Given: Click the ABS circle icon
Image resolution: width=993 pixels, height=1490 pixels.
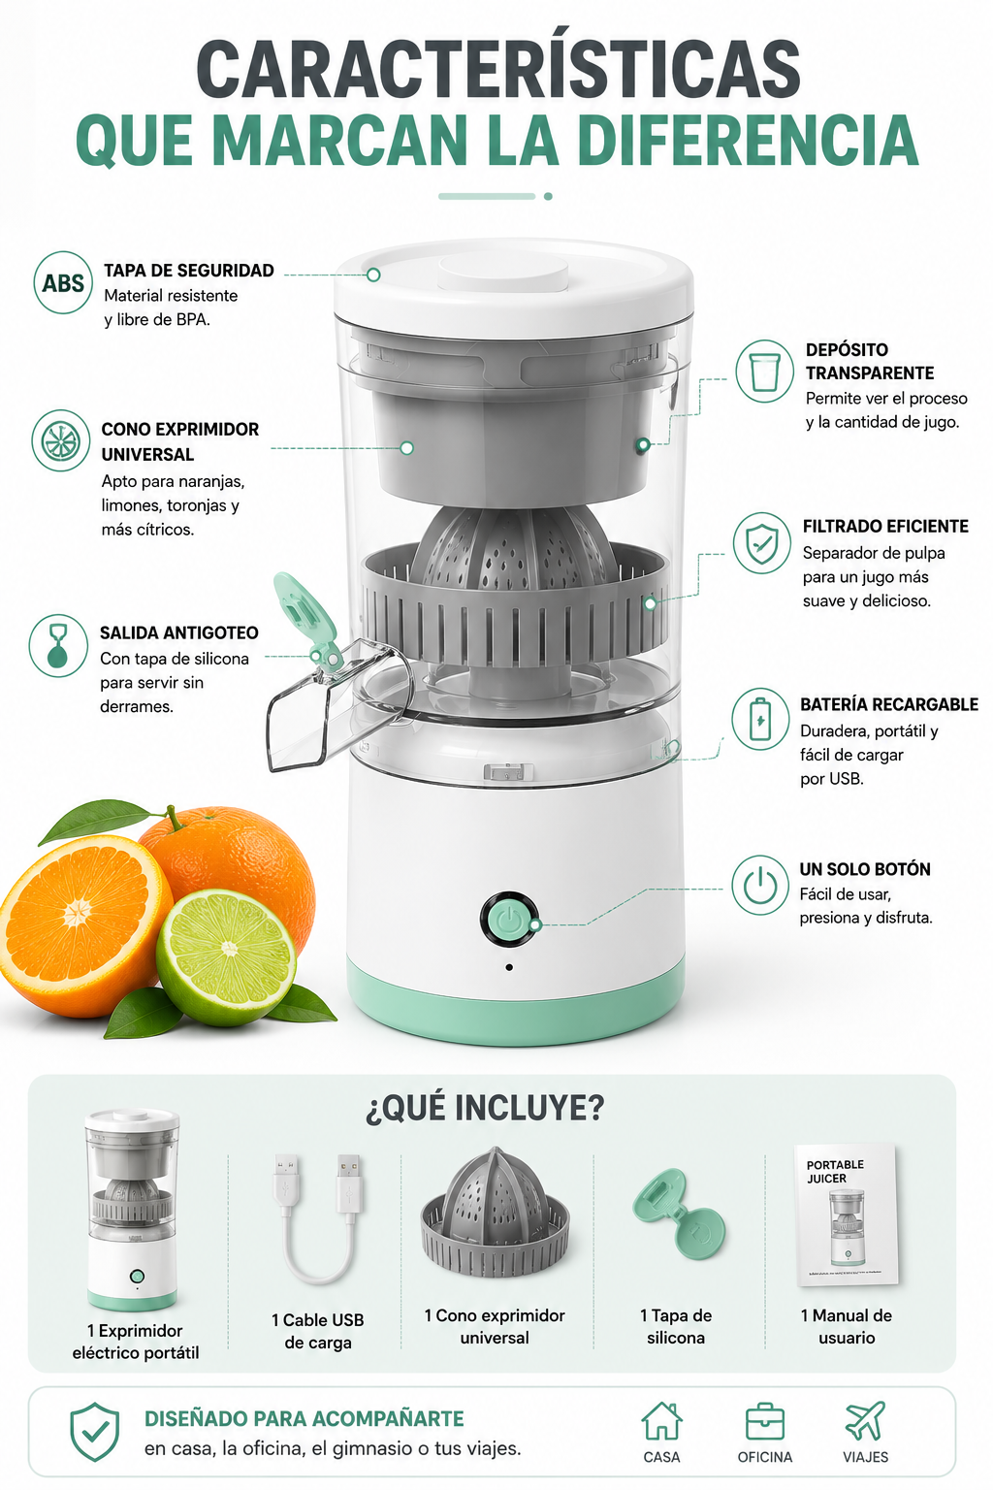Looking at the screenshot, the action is point(63,282).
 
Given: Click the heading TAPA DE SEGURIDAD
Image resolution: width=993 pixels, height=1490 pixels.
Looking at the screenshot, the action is point(189,271).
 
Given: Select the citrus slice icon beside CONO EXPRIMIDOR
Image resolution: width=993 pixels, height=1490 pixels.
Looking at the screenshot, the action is point(60,440).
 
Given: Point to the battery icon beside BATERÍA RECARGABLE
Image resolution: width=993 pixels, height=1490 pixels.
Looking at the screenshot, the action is point(761,719).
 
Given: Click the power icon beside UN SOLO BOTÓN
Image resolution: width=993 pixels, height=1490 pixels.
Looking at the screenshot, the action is point(761,885).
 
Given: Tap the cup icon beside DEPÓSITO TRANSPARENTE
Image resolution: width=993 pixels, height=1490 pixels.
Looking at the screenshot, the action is point(765,372).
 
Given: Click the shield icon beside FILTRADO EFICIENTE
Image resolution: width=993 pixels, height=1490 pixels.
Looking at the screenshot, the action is point(762,543).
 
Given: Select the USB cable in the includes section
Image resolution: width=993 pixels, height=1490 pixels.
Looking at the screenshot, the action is point(319,1221).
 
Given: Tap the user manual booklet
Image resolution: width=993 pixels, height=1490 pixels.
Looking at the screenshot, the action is point(847,1216).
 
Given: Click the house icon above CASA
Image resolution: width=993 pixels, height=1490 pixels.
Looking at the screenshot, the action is point(661,1421).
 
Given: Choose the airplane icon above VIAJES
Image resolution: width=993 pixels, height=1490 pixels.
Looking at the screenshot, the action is point(865,1421).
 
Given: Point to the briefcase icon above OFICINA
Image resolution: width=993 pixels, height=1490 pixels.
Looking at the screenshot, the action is point(765,1422).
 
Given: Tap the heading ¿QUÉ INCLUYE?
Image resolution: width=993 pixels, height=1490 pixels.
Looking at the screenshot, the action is point(485,1108).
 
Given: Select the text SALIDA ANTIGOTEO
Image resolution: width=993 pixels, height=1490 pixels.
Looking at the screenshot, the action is point(178,632).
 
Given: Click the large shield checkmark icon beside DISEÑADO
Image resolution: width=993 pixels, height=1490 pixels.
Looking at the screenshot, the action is point(95,1432).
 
